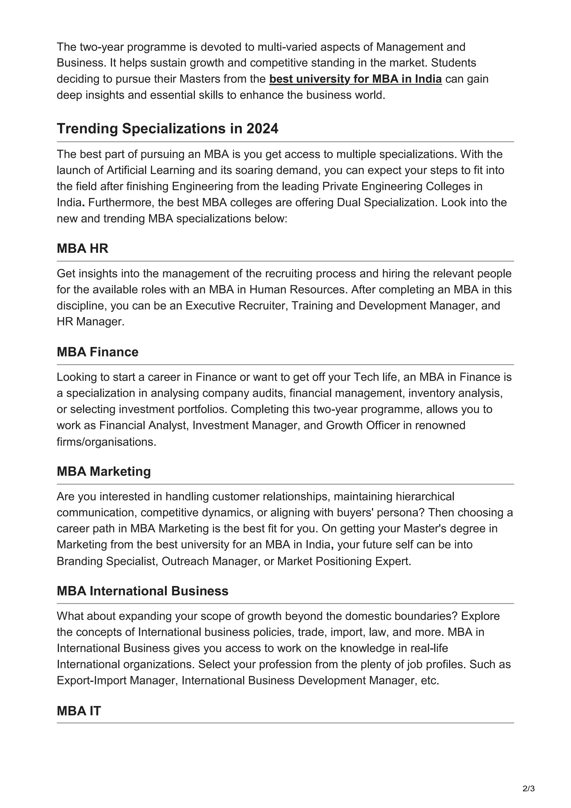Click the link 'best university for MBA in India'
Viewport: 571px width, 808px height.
click(x=355, y=79)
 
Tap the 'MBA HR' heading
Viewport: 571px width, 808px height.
click(x=82, y=248)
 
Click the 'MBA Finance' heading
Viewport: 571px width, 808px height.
click(x=98, y=352)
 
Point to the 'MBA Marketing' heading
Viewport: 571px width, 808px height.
click(x=103, y=471)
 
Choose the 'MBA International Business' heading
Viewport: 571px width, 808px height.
click(x=142, y=591)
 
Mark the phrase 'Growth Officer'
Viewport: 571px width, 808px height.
click(x=363, y=425)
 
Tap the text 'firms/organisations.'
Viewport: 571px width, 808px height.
click(x=106, y=442)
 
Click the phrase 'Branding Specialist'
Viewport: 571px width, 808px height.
click(x=106, y=561)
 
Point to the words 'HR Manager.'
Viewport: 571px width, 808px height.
click(x=90, y=322)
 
